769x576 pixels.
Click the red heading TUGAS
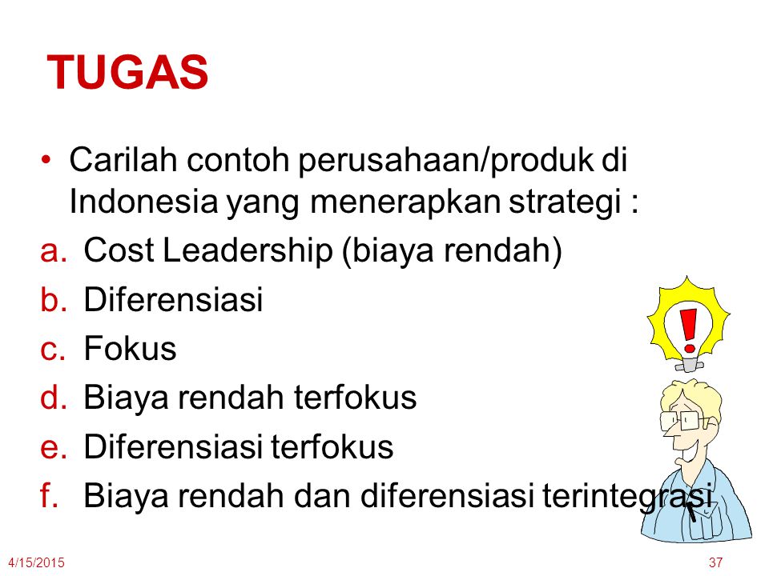click(x=127, y=73)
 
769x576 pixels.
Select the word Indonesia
click(x=143, y=202)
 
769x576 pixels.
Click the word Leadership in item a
click(x=248, y=250)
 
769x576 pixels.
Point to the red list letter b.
click(x=53, y=299)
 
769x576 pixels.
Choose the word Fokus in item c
click(x=130, y=348)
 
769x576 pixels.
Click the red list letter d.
click(x=53, y=398)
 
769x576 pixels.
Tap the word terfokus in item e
click(x=332, y=446)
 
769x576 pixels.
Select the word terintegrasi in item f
click(x=627, y=496)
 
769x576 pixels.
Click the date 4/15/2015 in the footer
click(x=36, y=562)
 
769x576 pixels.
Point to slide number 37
click(x=715, y=562)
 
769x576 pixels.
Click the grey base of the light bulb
click(x=689, y=365)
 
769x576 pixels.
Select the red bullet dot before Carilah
click(x=46, y=160)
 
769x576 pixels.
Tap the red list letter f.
click(x=49, y=495)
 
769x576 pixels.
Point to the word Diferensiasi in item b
click(x=173, y=299)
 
